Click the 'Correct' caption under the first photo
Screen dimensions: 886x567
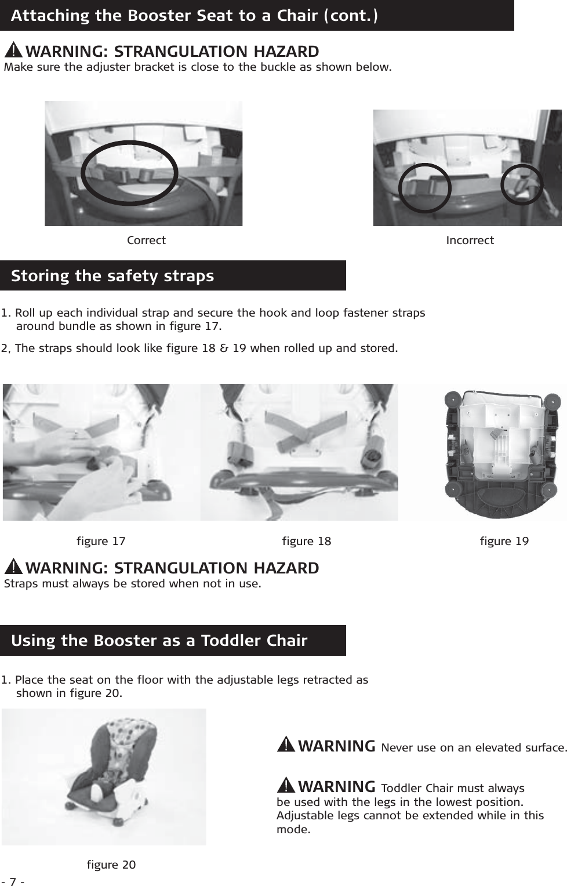click(146, 240)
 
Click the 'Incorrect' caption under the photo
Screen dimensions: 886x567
click(470, 240)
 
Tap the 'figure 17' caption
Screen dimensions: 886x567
click(101, 541)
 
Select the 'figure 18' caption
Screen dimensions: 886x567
click(306, 541)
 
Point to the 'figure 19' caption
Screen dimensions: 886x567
click(504, 541)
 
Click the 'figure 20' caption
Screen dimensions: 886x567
click(111, 865)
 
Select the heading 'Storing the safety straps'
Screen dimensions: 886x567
click(112, 275)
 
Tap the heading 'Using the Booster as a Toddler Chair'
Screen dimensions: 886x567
click(159, 641)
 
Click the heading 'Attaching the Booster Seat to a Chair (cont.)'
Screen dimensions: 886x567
click(194, 15)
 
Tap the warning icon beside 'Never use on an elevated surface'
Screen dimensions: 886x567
click(287, 745)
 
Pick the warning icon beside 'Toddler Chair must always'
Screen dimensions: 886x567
click(287, 786)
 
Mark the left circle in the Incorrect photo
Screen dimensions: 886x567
click(425, 187)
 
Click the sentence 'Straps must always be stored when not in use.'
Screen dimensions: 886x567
click(133, 583)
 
